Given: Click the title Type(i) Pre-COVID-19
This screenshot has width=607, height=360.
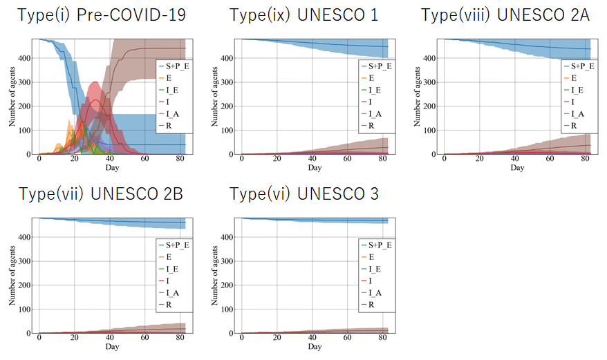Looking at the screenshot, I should (102, 15).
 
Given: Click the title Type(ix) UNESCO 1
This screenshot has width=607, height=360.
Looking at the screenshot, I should (303, 15).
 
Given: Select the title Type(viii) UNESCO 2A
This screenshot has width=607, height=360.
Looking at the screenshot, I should (505, 15).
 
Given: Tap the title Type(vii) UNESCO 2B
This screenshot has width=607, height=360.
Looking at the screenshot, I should (101, 194).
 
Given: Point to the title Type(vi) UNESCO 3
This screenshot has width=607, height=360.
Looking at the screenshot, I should (303, 194).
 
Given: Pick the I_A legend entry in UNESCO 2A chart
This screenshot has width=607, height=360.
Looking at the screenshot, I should (573, 114).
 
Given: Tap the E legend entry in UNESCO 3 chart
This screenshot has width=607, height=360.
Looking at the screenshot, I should (371, 257).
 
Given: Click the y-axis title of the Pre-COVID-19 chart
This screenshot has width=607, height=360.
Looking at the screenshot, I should (12, 96).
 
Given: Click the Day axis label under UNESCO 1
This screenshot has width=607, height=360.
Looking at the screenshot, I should (315, 168).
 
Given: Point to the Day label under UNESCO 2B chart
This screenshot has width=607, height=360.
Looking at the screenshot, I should (112, 346).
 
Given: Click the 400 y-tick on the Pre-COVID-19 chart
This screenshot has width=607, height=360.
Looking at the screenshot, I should (25, 58).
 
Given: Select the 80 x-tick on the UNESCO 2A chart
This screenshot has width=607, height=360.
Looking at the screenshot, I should (585, 160).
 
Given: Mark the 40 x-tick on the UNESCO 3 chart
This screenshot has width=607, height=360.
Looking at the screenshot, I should (312, 339).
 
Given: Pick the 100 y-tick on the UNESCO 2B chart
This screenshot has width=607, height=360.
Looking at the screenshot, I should (25, 309).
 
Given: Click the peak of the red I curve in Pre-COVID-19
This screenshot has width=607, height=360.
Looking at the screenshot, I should (94, 100).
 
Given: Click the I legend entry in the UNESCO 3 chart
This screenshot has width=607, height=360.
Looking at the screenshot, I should (371, 281).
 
